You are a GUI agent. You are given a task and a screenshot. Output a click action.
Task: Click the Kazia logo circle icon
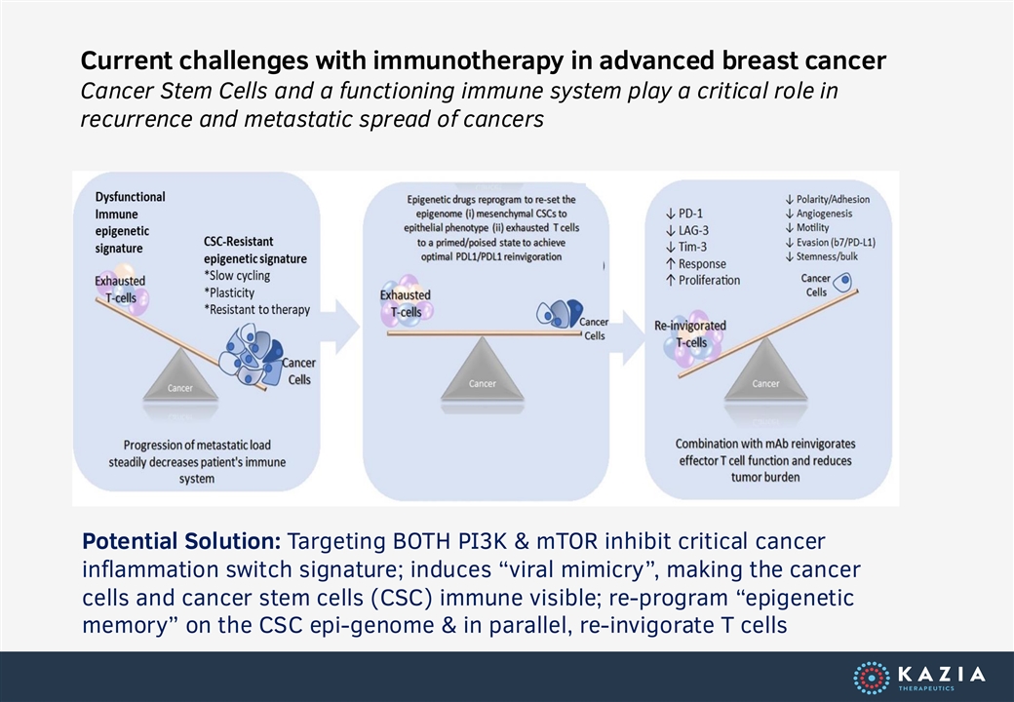[x=871, y=678]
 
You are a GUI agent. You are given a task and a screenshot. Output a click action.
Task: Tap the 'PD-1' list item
[x=684, y=214]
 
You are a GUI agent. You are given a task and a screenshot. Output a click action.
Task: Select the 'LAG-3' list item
[x=686, y=230]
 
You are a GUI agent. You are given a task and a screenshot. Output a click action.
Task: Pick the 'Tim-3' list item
[x=686, y=247]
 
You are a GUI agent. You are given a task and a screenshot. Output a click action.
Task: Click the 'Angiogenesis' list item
[x=819, y=214]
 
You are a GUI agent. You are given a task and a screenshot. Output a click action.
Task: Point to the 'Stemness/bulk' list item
[x=822, y=256]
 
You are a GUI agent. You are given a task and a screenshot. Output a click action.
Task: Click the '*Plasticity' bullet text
[x=229, y=292]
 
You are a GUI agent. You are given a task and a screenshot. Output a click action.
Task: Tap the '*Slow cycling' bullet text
[x=237, y=275]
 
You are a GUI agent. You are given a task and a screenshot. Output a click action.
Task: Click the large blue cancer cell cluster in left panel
[x=251, y=354]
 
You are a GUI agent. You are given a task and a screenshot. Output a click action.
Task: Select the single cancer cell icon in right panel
[x=842, y=283]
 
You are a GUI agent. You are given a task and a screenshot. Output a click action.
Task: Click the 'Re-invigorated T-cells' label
[x=690, y=333]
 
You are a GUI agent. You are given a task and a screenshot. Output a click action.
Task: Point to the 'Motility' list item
[x=807, y=227]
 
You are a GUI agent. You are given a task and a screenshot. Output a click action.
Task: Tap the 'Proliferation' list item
[x=703, y=280]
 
